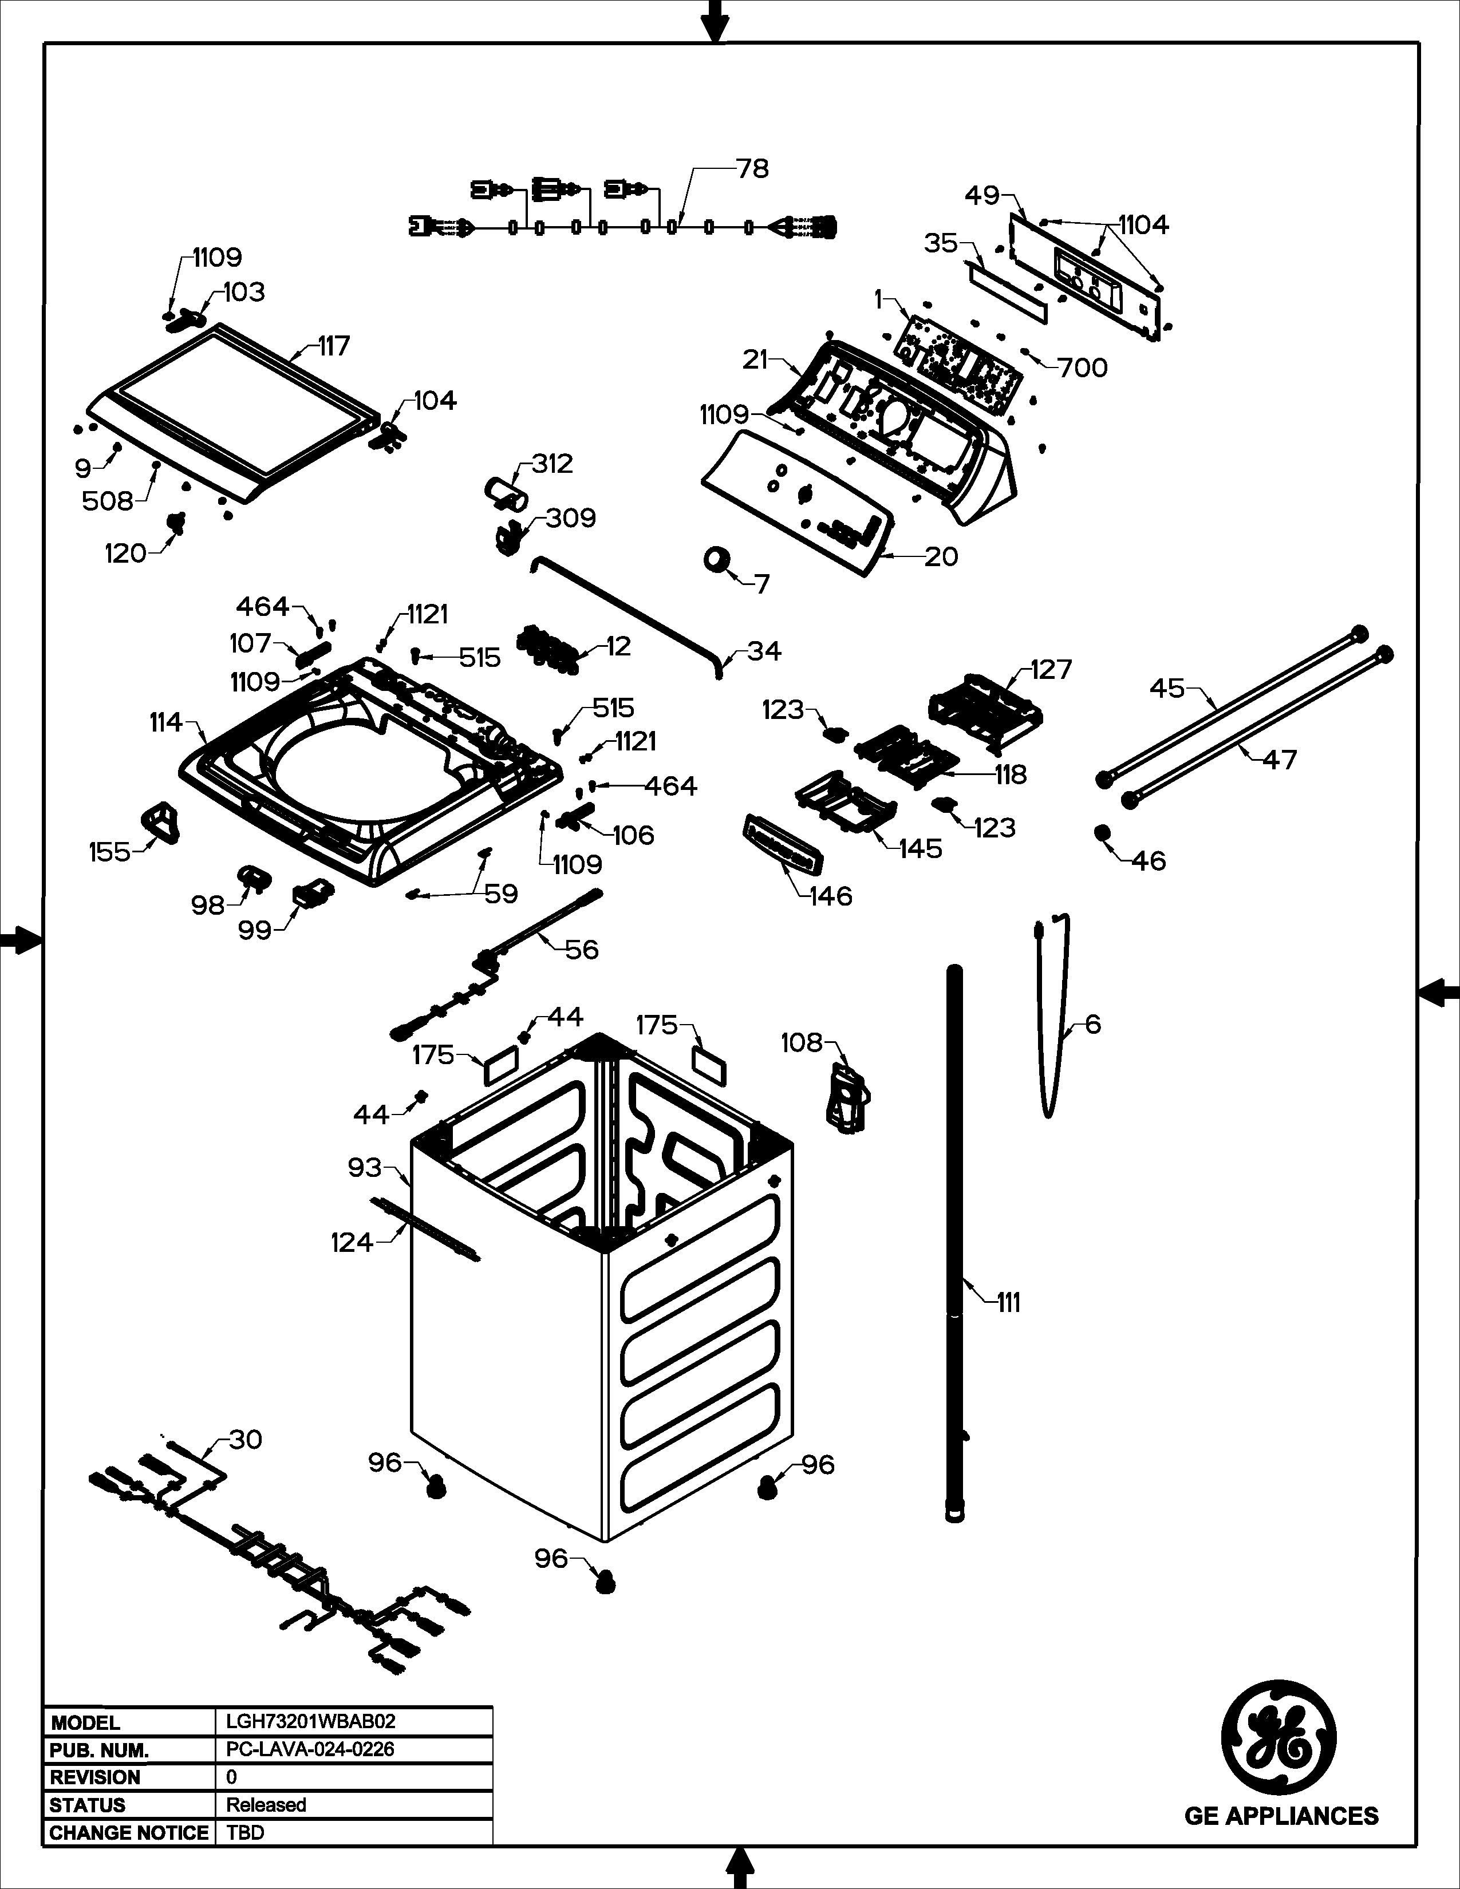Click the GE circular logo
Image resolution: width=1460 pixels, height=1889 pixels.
point(1279,1738)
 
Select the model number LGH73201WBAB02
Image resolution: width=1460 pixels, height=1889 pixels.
point(310,1722)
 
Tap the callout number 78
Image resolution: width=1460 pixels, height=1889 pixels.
point(752,169)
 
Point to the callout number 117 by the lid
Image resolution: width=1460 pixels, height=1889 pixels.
point(334,346)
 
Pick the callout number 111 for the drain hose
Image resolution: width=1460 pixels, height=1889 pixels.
point(1008,1303)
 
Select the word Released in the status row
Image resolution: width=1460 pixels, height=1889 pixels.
point(266,1805)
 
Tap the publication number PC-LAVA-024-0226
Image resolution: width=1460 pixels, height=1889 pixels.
point(310,1750)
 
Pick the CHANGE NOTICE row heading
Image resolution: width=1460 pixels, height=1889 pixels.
point(129,1833)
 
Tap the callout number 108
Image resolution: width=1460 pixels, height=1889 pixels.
point(802,1043)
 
